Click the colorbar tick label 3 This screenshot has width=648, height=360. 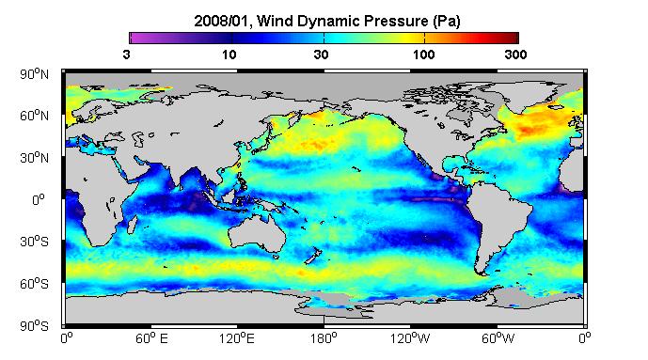coord(126,55)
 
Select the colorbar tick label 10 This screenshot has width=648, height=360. coord(229,55)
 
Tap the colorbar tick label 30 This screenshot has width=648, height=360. coord(321,55)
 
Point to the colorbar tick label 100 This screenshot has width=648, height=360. coord(424,55)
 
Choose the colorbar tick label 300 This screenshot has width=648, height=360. coord(515,55)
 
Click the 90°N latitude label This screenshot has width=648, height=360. coord(34,74)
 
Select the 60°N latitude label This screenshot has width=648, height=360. coord(34,116)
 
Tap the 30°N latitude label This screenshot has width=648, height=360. coord(34,158)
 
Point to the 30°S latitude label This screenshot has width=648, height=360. coord(34,242)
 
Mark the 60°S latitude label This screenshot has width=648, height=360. coord(34,284)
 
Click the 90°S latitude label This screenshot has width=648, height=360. coord(34,326)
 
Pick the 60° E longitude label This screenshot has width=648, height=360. coord(151,338)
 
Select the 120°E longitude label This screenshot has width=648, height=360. coord(237,338)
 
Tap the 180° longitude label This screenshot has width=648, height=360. coord(324,338)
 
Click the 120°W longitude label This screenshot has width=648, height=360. coord(410,338)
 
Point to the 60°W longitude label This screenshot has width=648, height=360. coord(498,338)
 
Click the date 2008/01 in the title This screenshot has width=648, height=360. coord(222,21)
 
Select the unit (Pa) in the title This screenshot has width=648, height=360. coord(447,21)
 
